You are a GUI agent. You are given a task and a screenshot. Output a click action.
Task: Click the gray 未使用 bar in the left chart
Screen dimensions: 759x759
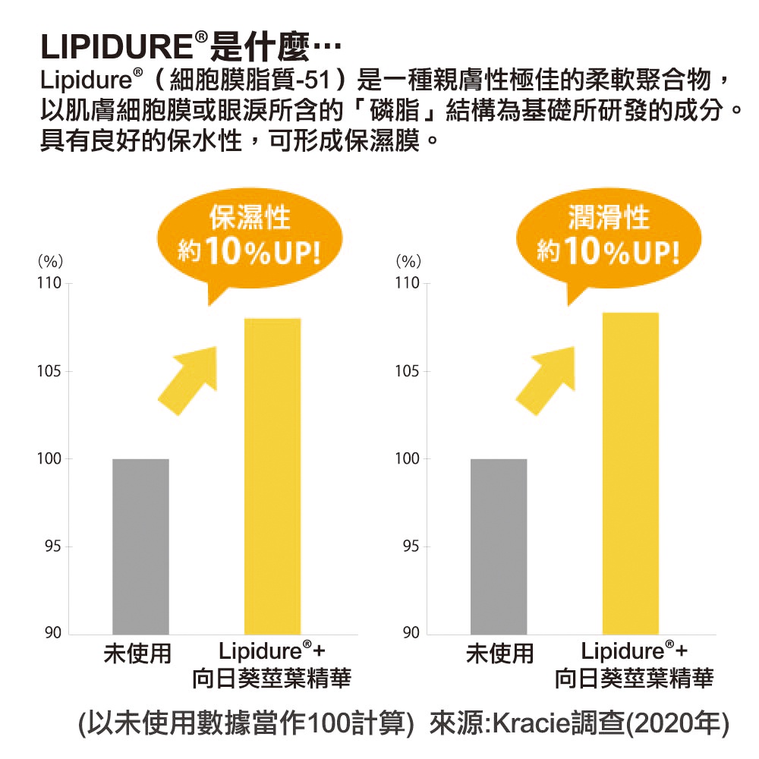[140, 546]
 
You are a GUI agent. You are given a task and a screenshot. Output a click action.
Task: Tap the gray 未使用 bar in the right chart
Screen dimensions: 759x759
[499, 546]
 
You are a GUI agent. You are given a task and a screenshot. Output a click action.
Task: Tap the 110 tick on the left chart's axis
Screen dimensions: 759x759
[49, 285]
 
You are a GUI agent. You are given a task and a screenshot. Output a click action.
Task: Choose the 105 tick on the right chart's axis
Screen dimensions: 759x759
[408, 372]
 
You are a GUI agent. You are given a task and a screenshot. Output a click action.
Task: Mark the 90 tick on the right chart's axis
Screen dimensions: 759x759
[411, 634]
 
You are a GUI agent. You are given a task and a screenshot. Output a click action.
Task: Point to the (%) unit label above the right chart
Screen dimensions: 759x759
[408, 261]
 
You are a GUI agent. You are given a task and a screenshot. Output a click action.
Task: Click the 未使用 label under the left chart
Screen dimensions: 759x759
[137, 653]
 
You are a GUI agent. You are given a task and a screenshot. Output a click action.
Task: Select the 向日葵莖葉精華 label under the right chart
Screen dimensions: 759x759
[634, 678]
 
